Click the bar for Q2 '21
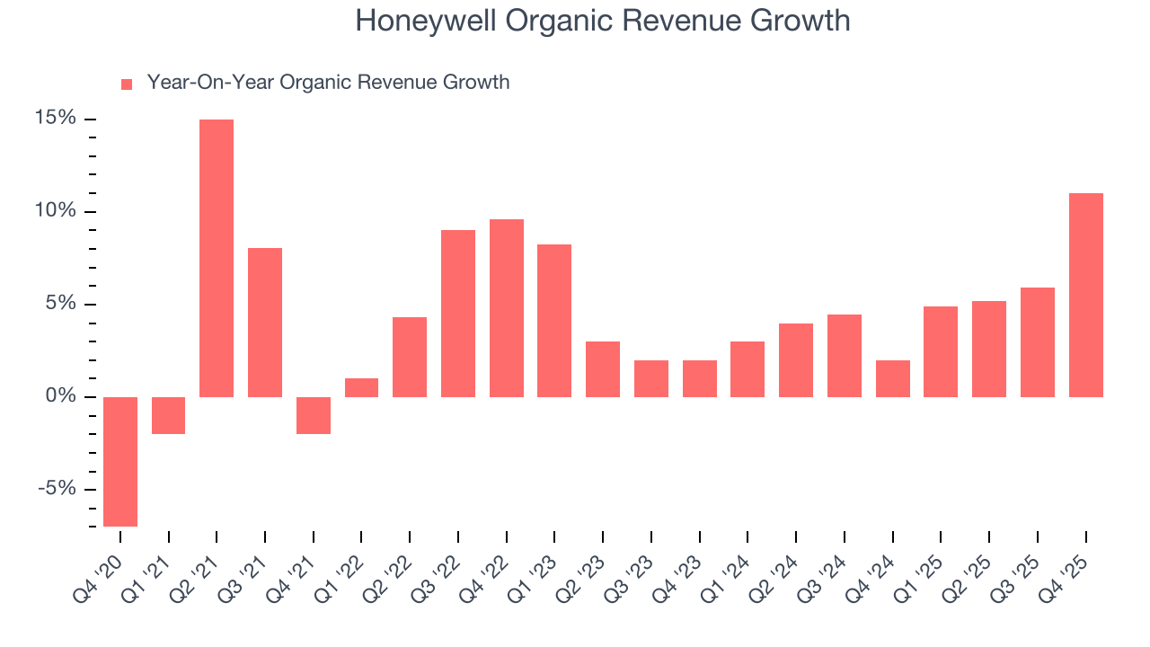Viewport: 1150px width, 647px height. point(217,258)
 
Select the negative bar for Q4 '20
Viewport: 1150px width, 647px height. point(120,461)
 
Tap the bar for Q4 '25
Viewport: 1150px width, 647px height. point(1085,295)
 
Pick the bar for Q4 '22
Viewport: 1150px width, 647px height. point(507,308)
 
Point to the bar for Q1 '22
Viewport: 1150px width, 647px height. point(361,387)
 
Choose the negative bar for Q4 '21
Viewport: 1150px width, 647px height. point(314,415)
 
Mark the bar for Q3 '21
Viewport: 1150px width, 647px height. point(265,323)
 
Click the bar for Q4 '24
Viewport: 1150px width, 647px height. point(893,378)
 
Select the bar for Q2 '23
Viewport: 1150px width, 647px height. point(603,369)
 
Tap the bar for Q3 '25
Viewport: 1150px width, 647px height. point(1038,342)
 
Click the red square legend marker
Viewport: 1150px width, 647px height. point(127,84)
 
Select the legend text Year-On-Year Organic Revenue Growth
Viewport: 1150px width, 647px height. point(328,83)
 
